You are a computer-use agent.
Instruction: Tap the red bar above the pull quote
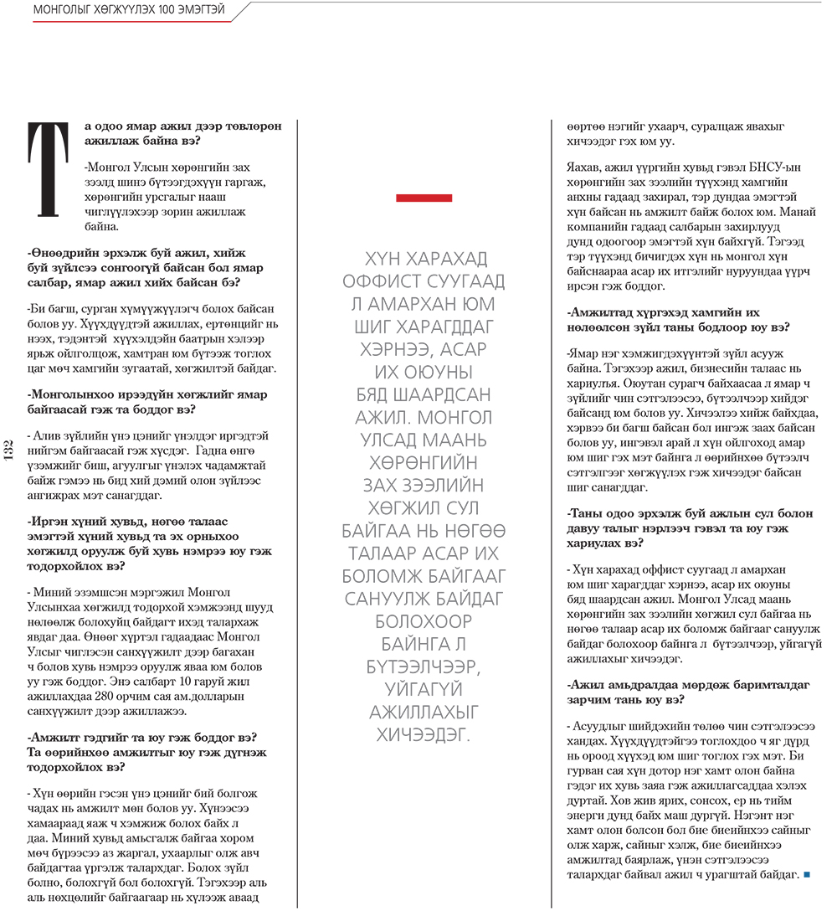(x=424, y=198)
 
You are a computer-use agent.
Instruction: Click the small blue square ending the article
(x=807, y=876)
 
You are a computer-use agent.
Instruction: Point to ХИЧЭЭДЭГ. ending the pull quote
(x=424, y=735)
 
